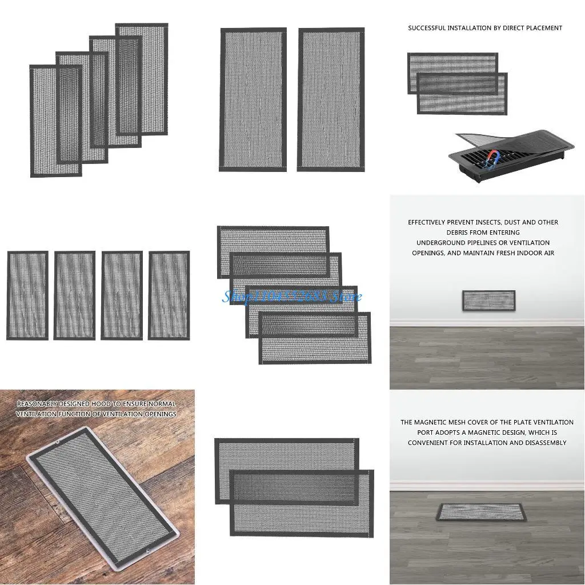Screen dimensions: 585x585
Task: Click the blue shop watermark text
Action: [291, 296]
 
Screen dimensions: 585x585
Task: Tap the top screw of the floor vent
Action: [57, 443]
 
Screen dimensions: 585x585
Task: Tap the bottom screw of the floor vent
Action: [147, 552]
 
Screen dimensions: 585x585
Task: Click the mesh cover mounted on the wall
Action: [488, 300]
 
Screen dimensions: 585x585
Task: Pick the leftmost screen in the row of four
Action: [27, 295]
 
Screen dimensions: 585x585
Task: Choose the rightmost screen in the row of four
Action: [169, 295]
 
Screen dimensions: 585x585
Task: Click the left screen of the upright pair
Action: [253, 99]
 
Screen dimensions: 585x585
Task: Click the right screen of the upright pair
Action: [331, 99]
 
